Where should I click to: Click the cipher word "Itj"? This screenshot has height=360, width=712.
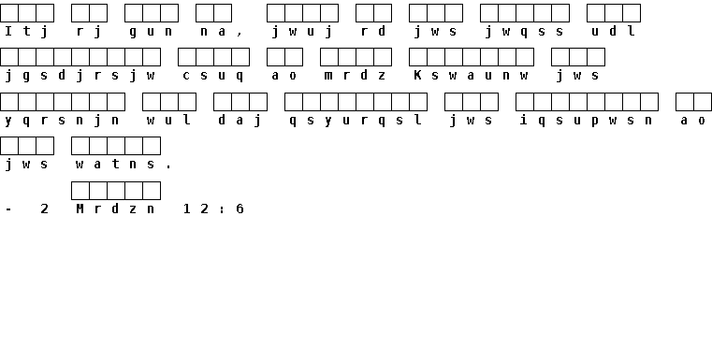click(26, 31)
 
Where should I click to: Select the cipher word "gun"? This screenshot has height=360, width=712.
click(151, 32)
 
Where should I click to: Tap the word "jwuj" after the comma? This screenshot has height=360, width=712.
click(302, 31)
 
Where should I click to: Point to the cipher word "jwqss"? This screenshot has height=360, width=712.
click(525, 31)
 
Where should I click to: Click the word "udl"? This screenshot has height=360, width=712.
click(613, 31)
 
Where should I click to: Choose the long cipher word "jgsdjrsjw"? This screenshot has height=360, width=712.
click(80, 76)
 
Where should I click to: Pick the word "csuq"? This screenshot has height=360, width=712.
click(213, 77)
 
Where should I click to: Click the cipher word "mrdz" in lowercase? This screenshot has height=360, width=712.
click(356, 76)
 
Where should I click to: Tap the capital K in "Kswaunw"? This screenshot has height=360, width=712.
click(417, 75)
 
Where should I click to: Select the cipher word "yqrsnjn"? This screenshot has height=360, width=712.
click(62, 121)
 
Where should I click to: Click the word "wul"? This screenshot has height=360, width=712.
click(168, 120)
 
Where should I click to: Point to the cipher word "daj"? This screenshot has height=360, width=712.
click(240, 121)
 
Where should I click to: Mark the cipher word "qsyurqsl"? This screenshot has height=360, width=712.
click(356, 121)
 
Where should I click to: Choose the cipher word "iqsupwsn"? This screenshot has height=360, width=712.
click(587, 121)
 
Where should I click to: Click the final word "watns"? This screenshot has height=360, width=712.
click(115, 164)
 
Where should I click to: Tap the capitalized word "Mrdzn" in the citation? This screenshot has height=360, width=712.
click(115, 209)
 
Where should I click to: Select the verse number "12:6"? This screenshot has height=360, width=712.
click(213, 209)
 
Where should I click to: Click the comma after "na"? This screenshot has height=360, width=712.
click(240, 34)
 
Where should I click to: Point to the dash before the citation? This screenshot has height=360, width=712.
click(8, 209)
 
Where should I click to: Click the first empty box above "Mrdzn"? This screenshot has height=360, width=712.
click(80, 191)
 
